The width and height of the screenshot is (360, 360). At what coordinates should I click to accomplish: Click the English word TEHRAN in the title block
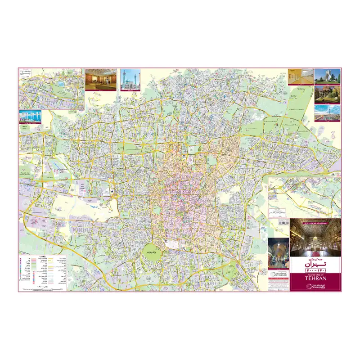(315, 277)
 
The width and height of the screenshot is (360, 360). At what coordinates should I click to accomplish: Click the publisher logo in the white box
(278, 274)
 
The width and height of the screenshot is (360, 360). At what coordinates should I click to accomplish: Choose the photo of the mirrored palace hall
(315, 238)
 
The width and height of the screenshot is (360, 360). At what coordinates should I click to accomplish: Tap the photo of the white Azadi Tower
(327, 76)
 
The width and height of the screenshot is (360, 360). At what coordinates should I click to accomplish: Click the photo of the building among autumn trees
(327, 94)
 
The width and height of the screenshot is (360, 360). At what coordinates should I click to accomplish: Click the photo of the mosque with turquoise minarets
(130, 79)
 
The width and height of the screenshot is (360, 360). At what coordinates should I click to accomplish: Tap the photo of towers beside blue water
(31, 117)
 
